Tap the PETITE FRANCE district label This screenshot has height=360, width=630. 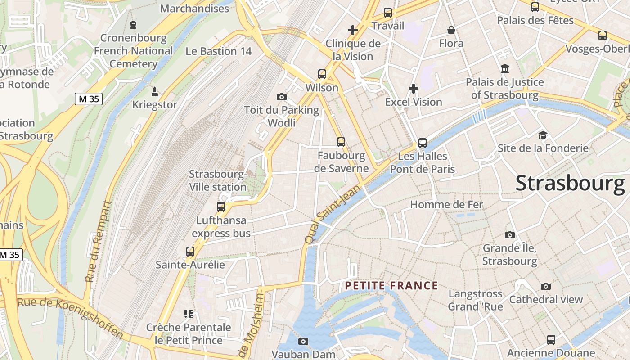click(391, 286)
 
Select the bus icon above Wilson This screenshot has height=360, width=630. click(322, 74)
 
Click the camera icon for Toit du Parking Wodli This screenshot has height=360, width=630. click(282, 97)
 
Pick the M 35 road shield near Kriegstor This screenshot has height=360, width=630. click(89, 99)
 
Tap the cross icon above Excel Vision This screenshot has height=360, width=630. click(413, 89)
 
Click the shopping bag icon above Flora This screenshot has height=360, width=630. click(451, 30)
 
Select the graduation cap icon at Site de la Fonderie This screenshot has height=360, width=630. click(543, 135)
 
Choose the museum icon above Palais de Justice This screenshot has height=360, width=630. click(505, 69)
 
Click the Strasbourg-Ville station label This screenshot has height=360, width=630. click(218, 180)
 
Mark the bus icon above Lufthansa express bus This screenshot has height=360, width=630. click(220, 207)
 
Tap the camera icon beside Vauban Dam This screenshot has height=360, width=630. click(303, 341)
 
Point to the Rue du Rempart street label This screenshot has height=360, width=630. click(98, 242)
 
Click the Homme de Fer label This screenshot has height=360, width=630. click(446, 205)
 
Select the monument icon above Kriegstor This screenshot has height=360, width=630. click(155, 92)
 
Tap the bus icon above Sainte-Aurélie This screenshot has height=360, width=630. click(190, 252)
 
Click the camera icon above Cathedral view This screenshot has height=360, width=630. click(545, 286)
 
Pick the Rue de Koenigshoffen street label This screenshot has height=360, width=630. click(70, 317)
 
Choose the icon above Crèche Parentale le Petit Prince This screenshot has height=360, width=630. click(189, 314)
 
